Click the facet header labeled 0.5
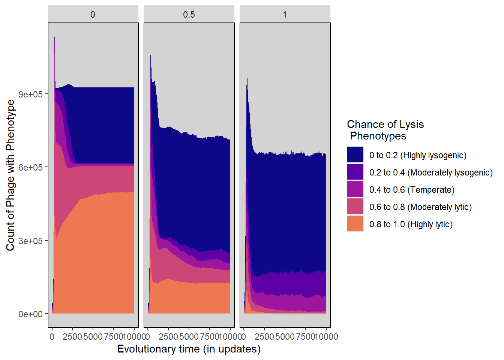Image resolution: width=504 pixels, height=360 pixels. coord(189,15)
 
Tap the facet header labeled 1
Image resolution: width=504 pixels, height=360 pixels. coord(285,15)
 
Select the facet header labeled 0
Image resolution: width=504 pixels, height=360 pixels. coord(93,15)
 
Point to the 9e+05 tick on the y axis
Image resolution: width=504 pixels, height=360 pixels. coord(31,94)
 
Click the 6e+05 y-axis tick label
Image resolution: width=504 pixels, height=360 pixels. coord(31,167)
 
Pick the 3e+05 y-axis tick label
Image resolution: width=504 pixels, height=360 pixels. coord(31,241)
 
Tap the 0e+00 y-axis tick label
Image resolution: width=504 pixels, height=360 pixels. coord(31,314)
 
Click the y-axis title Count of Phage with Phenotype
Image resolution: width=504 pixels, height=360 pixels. coord(10,175)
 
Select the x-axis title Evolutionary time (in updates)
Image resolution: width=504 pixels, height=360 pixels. coord(189,349)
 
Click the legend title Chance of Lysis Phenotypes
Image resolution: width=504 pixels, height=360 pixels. coord(385,130)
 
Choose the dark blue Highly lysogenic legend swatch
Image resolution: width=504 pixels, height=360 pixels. coord(355,154)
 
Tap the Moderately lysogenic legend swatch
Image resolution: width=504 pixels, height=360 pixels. coord(355,172)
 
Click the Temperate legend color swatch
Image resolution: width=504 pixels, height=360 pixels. coord(355,189)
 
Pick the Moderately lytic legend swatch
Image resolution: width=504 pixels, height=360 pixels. coord(355,206)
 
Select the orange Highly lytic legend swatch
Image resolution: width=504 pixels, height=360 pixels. coord(355,223)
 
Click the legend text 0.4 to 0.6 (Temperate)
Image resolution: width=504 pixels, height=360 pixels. coord(412,190)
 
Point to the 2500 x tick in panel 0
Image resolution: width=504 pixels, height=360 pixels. coord(72,337)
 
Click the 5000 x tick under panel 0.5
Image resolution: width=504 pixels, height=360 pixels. coord(189,337)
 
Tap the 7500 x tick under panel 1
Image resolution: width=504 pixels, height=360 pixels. coord(305,337)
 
